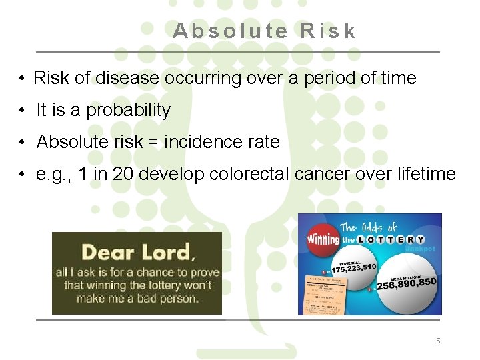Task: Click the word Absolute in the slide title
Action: (x=230, y=31)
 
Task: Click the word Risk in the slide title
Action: (x=328, y=31)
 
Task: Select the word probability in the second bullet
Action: (x=128, y=110)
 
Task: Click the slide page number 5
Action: (x=438, y=341)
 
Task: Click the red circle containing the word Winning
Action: (x=323, y=237)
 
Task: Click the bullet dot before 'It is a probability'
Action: (x=22, y=110)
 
